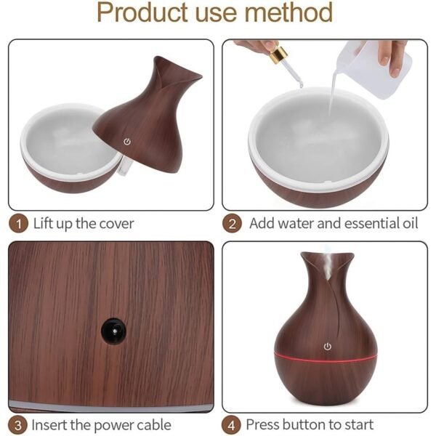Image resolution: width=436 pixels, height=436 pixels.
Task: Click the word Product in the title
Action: coord(143,13)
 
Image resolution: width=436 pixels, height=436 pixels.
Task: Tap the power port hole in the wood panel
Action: coord(111,331)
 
